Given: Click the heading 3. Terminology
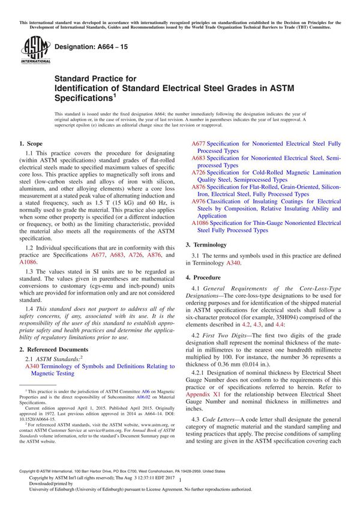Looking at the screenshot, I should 206,245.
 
